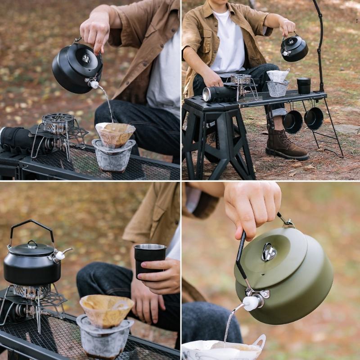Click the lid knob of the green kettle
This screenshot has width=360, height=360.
coord(269,252)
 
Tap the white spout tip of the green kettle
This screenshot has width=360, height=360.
coord(250,303)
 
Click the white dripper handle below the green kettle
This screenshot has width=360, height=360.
coord(260,342)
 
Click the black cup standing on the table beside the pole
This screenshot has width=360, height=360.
coord(304,85)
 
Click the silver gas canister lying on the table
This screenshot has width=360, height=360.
coord(219,94)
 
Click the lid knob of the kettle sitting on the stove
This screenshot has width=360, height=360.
coord(31,244)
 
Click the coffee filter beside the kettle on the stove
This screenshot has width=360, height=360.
coord(107,310)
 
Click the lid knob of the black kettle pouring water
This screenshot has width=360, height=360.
coord(85,58)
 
